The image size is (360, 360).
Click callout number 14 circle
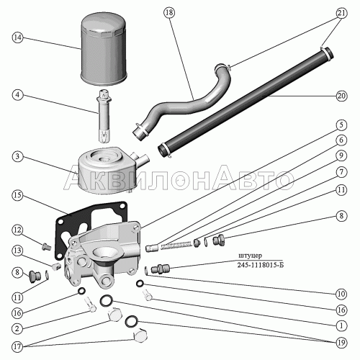[17, 37]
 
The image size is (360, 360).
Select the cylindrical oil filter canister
[103, 49]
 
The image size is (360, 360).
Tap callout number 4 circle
[17, 95]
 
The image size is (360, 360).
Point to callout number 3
[17, 157]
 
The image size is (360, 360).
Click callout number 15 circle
[17, 195]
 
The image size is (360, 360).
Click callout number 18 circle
[169, 12]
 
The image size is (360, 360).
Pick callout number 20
[341, 96]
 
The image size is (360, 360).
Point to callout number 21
[341, 13]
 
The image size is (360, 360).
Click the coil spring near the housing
[176, 246]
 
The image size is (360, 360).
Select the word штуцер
[250, 256]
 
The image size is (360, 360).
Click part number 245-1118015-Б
[261, 265]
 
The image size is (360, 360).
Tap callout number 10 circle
[341, 294]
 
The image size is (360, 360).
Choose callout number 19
[341, 343]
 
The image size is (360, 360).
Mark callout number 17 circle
[17, 346]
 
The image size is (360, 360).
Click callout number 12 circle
[17, 230]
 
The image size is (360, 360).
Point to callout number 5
[341, 125]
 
